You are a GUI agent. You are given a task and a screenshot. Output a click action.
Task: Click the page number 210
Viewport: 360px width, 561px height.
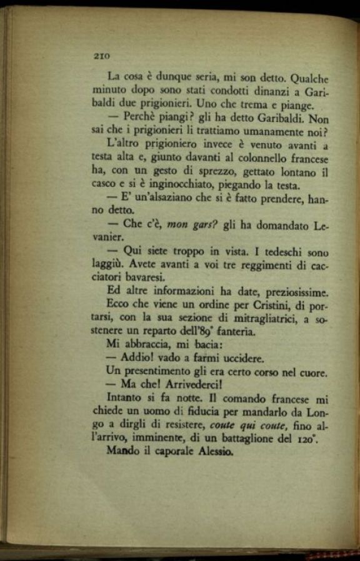101,55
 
